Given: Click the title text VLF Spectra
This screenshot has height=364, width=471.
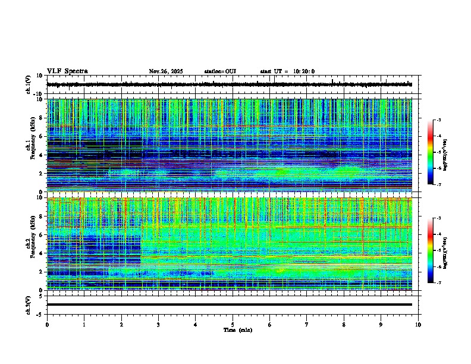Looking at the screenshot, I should (67, 71).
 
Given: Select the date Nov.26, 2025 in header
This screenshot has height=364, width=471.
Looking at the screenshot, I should (166, 71).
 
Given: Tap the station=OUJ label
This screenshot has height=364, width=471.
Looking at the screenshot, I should (220, 71).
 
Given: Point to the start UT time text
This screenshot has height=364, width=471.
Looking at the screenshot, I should (287, 71).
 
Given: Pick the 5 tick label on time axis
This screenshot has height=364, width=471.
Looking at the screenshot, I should (233, 324).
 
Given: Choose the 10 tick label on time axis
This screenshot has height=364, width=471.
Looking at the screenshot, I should (418, 324).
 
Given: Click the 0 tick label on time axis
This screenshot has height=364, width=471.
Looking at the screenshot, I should (47, 324).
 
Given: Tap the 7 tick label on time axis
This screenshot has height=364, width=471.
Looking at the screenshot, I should (307, 324).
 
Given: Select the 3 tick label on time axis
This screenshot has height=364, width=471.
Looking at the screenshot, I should (158, 324).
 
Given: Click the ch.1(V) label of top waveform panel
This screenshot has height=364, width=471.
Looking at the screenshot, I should (29, 85).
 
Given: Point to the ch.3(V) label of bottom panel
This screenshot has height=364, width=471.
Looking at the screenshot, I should (29, 305).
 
